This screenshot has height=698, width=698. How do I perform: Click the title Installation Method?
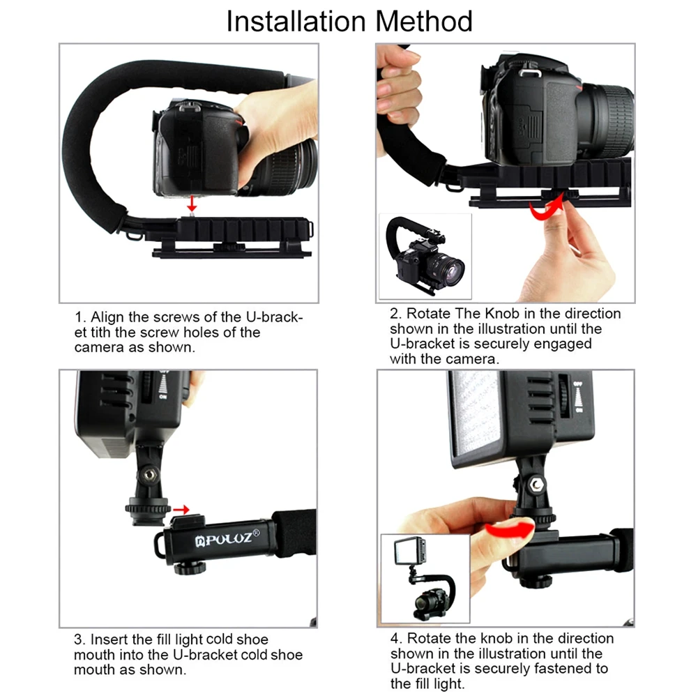[349, 21]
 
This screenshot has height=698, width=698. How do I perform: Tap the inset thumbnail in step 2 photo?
[425, 256]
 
